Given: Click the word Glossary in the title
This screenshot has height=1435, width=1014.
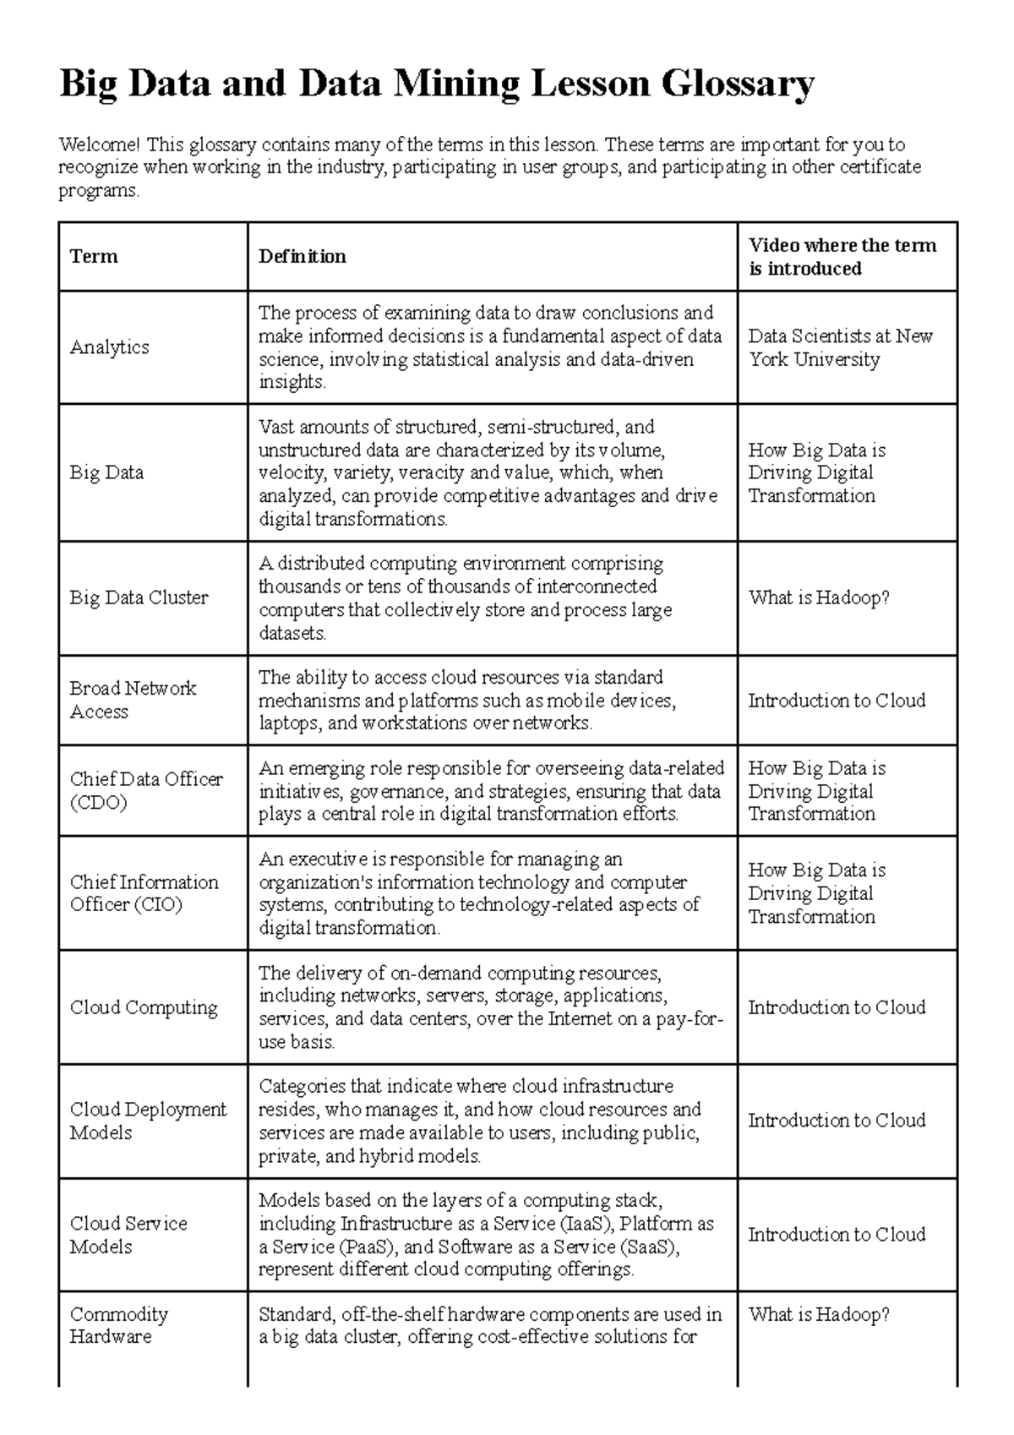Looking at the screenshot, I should pos(737,85).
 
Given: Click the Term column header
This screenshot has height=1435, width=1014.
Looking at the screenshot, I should pos(94,257).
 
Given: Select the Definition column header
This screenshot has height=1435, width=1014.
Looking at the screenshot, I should pos(302,257).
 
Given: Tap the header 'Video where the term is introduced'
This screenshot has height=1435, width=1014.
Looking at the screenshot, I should pos(842,257).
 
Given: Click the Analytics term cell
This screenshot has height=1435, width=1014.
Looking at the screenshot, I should pos(109,347).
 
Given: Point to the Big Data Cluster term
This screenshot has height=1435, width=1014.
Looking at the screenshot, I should pos(139,598).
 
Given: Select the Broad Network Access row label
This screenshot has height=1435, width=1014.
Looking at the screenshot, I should pos(132,700).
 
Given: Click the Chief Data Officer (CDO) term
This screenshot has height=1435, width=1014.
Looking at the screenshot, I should pos(145,790).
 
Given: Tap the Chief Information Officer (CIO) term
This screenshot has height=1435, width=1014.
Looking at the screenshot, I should pos(144,893).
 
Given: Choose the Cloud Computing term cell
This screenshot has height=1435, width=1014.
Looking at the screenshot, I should pos(143,1007).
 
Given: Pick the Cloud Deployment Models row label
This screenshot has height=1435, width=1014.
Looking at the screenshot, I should pos(148,1121).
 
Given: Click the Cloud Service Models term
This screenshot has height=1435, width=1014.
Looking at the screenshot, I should pos(128,1235).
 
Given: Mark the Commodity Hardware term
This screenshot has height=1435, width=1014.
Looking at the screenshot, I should pos(118,1325).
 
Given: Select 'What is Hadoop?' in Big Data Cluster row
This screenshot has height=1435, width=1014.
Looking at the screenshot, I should pos(819,598).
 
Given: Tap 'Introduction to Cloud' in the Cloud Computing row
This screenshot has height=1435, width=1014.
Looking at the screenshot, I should pos(837,1007).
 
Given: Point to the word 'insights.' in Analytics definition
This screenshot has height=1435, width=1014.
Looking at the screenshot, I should pos(292,382).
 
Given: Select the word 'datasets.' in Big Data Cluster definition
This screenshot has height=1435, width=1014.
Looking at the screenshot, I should pos(292,633).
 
